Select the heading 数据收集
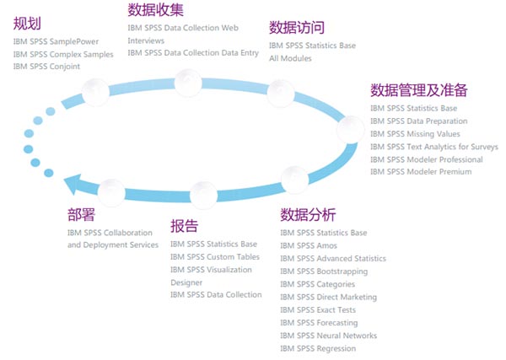tap(155, 9)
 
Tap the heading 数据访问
tap(296, 28)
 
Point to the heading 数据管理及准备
tap(418, 90)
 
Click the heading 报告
tap(185, 226)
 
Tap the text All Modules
tap(290, 58)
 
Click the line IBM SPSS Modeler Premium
tap(421, 172)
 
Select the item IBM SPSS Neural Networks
tap(328, 336)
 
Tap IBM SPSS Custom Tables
tap(215, 257)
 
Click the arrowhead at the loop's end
tap(74, 184)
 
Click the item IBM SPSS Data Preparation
tap(418, 121)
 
